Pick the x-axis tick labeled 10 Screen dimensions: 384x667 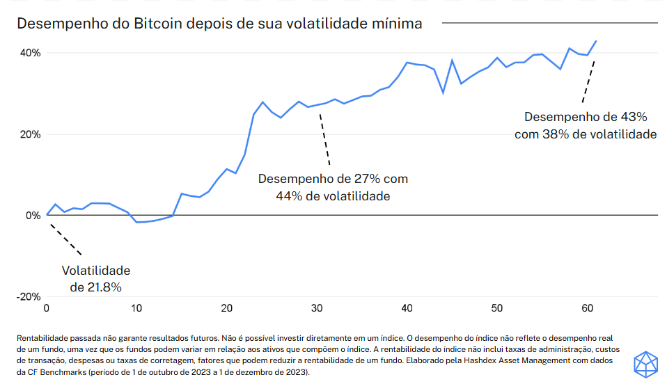tap(136, 307)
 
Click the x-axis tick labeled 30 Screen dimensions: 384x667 tap(317, 307)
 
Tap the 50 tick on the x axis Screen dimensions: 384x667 tap(496, 307)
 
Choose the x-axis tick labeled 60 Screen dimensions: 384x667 tap(586, 307)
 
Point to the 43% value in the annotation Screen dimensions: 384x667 tap(635, 117)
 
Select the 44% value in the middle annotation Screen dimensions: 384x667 tap(289, 196)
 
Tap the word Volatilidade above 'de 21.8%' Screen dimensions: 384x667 tap(96, 270)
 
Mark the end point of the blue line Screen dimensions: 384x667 tap(597, 41)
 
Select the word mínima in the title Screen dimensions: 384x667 tap(398, 24)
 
